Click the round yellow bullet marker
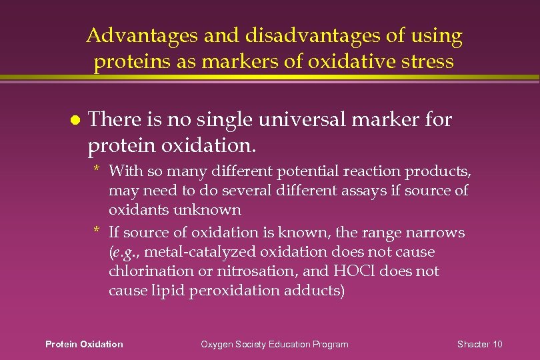pyautogui.click(x=75, y=121)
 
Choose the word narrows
pyautogui.click(x=435, y=233)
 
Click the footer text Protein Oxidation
pyautogui.click(x=84, y=344)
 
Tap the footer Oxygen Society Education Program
pyautogui.click(x=275, y=344)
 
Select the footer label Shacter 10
pyautogui.click(x=480, y=344)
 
